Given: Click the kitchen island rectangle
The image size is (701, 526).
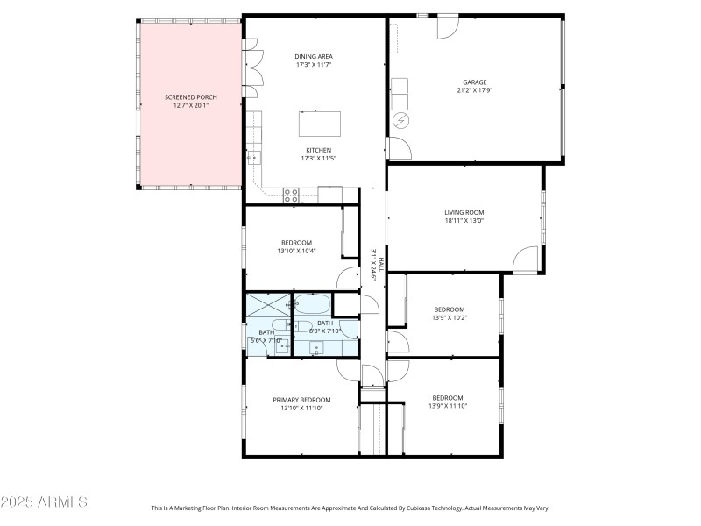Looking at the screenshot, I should [319, 124].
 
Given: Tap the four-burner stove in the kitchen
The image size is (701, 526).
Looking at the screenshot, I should [292, 194].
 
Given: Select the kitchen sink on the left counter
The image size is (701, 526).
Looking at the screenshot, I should [253, 158].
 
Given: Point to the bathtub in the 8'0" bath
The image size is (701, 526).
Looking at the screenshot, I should [312, 305].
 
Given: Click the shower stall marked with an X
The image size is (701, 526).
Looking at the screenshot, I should [268, 305].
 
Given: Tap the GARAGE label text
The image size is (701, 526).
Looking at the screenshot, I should [474, 82].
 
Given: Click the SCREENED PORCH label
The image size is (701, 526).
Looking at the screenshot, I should [190, 96].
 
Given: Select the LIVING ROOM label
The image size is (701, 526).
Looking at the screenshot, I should [464, 212].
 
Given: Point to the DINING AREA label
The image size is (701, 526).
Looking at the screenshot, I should [313, 56].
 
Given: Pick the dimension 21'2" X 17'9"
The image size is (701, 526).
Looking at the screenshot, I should [474, 90].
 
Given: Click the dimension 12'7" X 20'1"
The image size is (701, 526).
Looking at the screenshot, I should [190, 104].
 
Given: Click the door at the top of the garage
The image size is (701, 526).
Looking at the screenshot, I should [447, 25].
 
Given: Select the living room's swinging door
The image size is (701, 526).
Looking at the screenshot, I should [526, 259].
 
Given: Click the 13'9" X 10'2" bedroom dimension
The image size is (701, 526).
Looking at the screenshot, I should [449, 317].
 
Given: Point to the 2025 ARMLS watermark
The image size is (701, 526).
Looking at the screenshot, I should [44, 502].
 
